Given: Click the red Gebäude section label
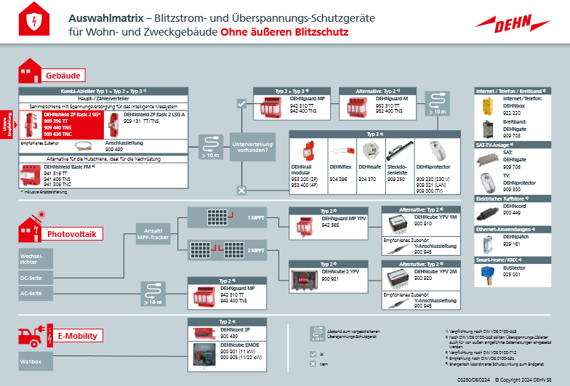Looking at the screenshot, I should coord(64,75).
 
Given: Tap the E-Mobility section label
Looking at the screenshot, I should coord(76,336).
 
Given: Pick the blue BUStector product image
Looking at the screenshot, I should coord(486,274).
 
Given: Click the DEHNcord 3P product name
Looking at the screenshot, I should coord(234,330).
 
